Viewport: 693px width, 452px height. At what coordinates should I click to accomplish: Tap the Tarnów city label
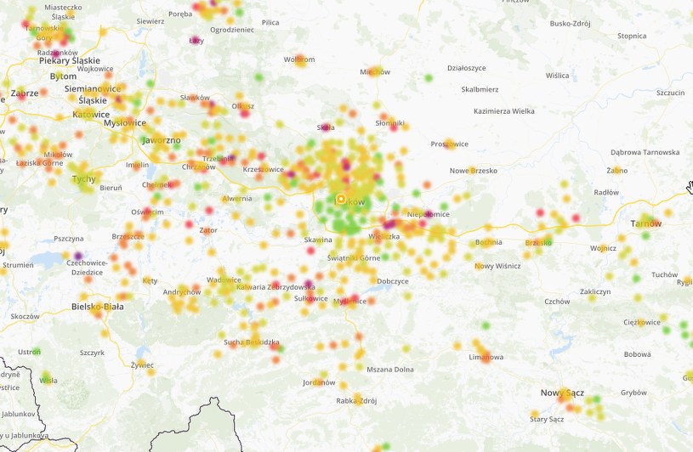(645, 223)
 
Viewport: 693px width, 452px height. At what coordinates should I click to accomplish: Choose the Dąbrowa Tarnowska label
(645, 152)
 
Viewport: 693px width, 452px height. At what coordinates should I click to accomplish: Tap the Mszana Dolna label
(389, 369)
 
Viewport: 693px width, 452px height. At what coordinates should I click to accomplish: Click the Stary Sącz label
(547, 419)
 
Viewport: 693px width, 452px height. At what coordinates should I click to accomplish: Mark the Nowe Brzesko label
(473, 170)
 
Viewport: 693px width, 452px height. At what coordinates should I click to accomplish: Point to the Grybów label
(633, 393)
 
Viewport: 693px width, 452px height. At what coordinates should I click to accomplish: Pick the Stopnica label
(632, 36)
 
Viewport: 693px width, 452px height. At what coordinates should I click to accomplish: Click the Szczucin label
(670, 92)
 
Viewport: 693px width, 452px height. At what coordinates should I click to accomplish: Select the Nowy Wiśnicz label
(497, 265)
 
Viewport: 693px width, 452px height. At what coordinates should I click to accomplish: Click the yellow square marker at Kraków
(340, 199)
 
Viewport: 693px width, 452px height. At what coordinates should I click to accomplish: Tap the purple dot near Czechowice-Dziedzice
(78, 255)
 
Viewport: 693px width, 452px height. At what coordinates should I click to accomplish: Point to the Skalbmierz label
(480, 88)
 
